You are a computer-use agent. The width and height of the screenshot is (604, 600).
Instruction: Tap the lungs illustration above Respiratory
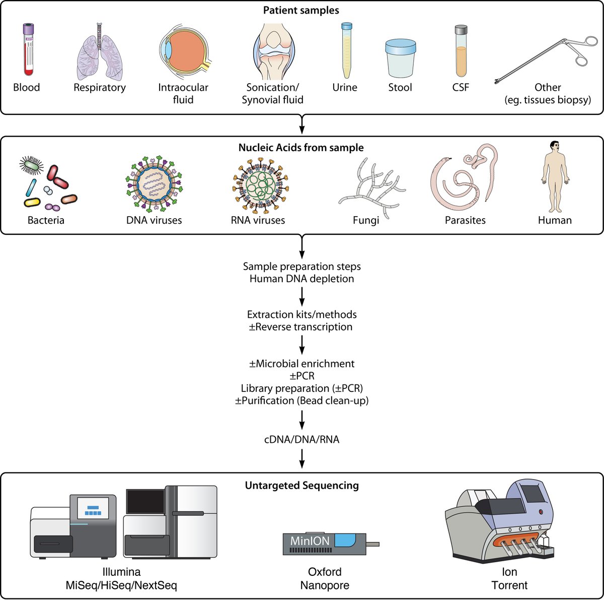point(99,53)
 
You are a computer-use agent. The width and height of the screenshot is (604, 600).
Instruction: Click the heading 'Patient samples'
point(301,10)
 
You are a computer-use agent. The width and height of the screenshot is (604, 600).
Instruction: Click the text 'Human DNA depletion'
point(301,279)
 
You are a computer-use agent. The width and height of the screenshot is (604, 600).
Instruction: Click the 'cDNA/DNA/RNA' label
point(301,440)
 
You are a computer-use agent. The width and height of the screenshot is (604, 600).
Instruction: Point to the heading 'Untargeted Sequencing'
point(301,486)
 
